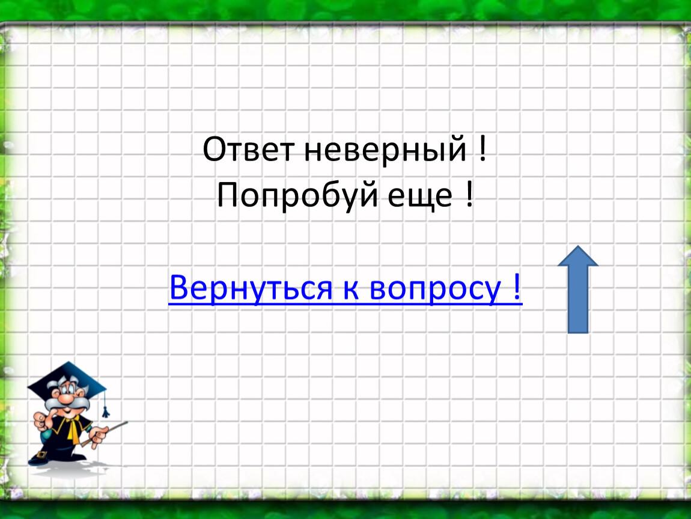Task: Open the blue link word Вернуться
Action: [x=251, y=288]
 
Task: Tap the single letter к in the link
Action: [x=350, y=290]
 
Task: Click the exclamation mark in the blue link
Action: [x=517, y=287]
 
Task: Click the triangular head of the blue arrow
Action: [x=578, y=256]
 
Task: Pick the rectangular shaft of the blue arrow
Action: [x=578, y=300]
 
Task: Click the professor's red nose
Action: [x=65, y=399]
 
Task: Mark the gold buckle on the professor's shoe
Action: [x=41, y=454]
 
